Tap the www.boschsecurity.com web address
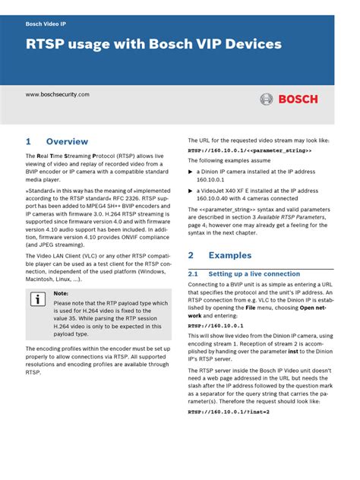pyautogui.click(x=58, y=94)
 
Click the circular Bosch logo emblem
pyautogui.click(x=267, y=99)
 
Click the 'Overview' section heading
pyautogui.click(x=67, y=141)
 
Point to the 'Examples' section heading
pyautogui.click(x=229, y=255)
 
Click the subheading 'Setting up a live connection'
pyautogui.click(x=254, y=273)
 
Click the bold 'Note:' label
pyautogui.click(x=61, y=292)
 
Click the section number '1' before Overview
pyautogui.click(x=28, y=141)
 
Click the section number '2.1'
pyautogui.click(x=193, y=273)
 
